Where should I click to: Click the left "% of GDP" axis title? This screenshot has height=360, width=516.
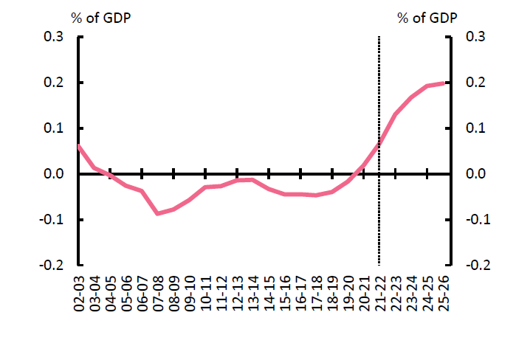click(101, 18)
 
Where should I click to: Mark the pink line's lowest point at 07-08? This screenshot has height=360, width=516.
click(157, 213)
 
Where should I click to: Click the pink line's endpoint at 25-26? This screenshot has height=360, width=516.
click(444, 83)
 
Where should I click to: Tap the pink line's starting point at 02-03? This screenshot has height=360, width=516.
click(78, 146)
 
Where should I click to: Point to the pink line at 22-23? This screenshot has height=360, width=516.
click(396, 114)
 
